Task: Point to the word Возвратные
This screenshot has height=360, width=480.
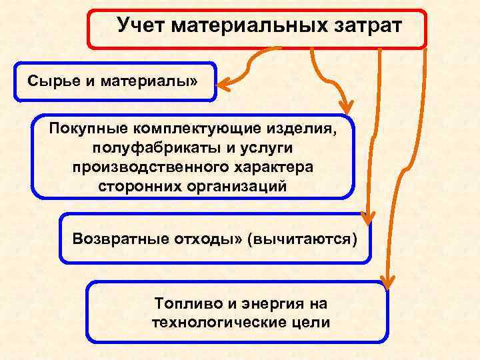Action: [119, 239]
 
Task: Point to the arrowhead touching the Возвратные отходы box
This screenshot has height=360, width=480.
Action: [366, 217]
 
